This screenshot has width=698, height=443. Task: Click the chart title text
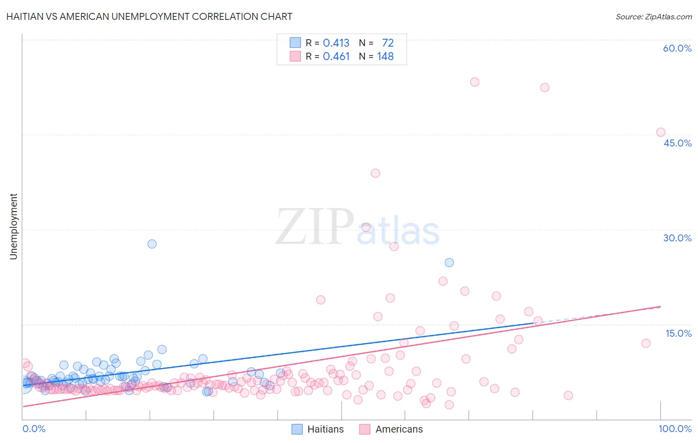click(149, 16)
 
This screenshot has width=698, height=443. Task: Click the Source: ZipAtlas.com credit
click(653, 16)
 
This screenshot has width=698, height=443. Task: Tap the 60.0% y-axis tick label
click(677, 48)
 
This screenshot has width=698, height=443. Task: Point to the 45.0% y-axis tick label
click(677, 143)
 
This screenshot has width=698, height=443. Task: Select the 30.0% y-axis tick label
click(677, 238)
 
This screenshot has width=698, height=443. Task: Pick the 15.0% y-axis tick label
click(678, 333)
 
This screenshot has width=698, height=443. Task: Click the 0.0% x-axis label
click(34, 429)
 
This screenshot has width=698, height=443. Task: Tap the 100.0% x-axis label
click(675, 429)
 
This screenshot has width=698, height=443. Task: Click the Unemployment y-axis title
click(13, 226)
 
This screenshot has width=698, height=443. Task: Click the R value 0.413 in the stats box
click(336, 43)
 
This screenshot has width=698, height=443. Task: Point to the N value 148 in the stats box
click(385, 57)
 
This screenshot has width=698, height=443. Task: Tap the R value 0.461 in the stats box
click(336, 57)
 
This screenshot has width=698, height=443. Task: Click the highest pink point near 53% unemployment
click(475, 82)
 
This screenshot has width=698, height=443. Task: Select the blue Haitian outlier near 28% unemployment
click(152, 244)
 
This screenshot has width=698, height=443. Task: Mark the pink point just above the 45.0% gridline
click(661, 132)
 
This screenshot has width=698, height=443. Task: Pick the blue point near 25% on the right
click(449, 263)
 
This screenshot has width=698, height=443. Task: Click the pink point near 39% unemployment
click(375, 173)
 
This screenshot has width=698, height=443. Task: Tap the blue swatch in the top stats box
click(295, 43)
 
